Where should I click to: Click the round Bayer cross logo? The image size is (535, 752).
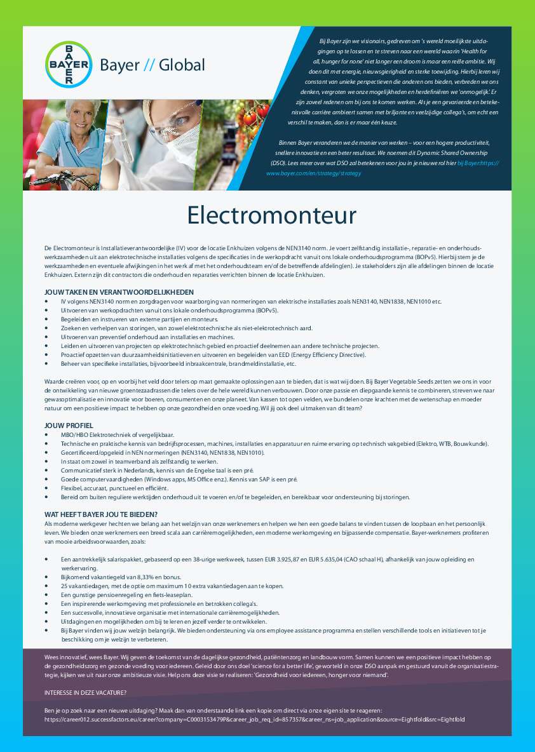click(69, 64)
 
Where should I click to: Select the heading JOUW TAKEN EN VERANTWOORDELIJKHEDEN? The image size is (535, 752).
click(119, 292)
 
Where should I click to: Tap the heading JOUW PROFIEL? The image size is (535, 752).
click(69, 425)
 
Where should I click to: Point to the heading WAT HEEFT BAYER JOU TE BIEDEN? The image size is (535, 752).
click(101, 514)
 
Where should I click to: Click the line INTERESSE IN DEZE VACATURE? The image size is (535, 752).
click(85, 692)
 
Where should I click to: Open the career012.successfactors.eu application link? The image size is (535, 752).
click(254, 719)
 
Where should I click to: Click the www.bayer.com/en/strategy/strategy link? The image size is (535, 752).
click(314, 173)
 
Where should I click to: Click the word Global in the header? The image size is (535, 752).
click(182, 65)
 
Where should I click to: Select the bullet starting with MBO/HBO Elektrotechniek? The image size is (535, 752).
click(112, 434)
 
